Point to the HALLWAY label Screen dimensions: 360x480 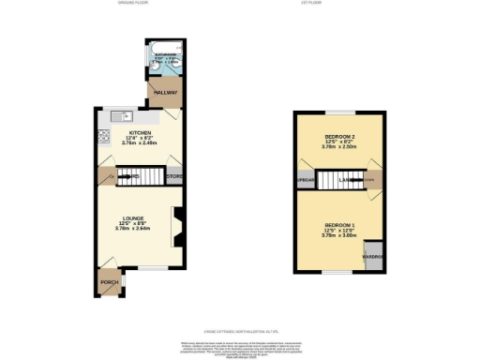pyautogui.click(x=165, y=92)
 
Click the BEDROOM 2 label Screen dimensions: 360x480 pyautogui.click(x=336, y=137)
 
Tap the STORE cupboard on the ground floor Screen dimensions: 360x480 pyautogui.click(x=174, y=176)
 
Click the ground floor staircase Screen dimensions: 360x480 pyautogui.click(x=131, y=175)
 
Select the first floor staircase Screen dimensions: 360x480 pyautogui.click(x=332, y=180)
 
